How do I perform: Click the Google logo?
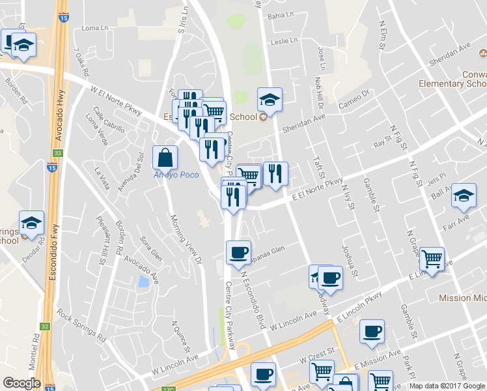pyautogui.click(x=21, y=383)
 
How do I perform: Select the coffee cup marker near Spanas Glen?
pyautogui.click(x=238, y=252)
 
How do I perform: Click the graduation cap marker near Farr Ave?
pyautogui.click(x=464, y=195)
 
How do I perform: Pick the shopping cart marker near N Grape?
pyautogui.click(x=432, y=259)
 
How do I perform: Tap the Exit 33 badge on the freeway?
pyautogui.click(x=57, y=153)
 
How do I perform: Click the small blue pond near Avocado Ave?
pyautogui.click(x=143, y=282)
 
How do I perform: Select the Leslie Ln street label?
pyautogui.click(x=283, y=40)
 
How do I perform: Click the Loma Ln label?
pyautogui.click(x=96, y=29)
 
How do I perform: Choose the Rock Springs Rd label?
pyautogui.click(x=81, y=326)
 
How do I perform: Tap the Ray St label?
pyautogui.click(x=381, y=138)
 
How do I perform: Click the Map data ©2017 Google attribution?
pyautogui.click(x=445, y=386)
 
